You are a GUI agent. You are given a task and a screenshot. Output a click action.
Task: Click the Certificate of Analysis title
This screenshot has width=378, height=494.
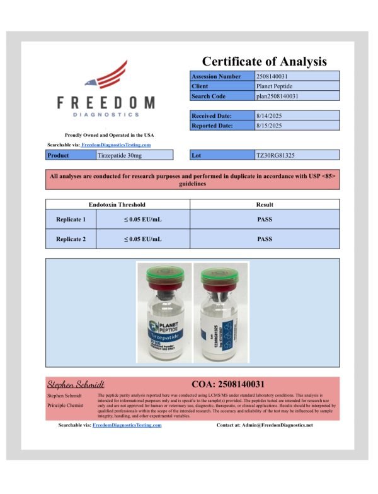[264, 61]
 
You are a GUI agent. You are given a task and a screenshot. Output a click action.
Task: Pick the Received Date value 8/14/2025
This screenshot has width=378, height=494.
[270, 115]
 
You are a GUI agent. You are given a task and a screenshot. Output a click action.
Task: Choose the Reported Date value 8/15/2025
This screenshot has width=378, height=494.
[270, 126]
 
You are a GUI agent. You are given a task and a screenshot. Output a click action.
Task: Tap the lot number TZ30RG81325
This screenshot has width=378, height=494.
[275, 155]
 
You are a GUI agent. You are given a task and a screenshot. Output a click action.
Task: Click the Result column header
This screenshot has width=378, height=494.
[264, 204]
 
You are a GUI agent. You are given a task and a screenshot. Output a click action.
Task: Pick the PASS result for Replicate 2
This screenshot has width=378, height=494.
[264, 239]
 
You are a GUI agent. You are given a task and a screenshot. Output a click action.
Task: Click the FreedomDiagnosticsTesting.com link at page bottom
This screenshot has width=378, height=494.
[127, 425]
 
